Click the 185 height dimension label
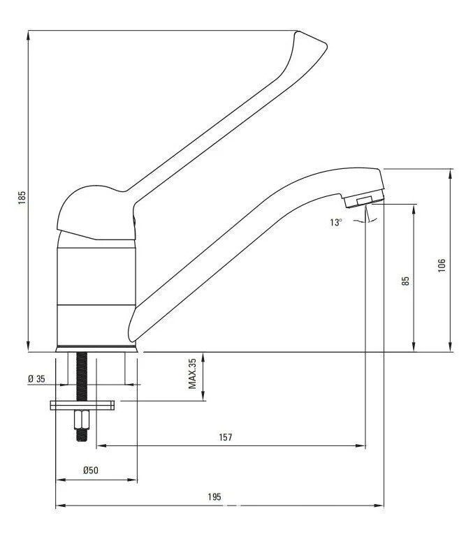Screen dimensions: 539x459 (x=22, y=197)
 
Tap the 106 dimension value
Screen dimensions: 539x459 (x=442, y=266)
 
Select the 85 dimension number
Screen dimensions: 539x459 (x=406, y=281)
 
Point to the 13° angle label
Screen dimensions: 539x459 (x=337, y=222)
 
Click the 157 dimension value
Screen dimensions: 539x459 (x=226, y=437)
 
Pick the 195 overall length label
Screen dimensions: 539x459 (x=214, y=497)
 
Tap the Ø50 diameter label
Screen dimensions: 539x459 (x=91, y=471)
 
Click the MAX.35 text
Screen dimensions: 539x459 (x=193, y=375)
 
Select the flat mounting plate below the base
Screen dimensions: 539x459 (x=82, y=405)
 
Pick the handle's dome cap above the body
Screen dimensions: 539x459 (x=91, y=209)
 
